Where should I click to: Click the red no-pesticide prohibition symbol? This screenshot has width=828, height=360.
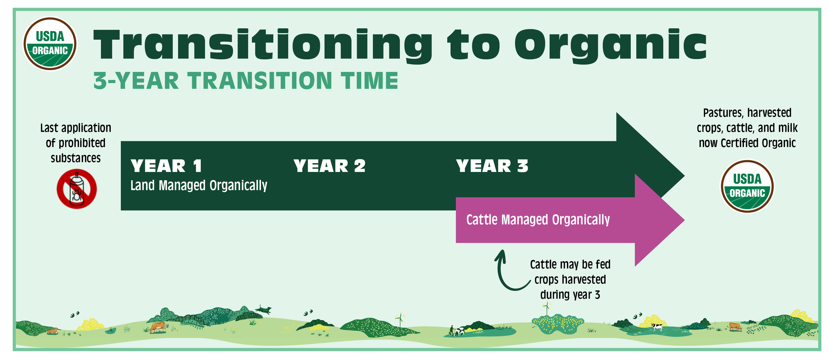(x=77, y=189)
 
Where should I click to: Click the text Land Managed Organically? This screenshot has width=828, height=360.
(x=199, y=185)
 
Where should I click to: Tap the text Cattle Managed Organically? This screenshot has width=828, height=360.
(x=538, y=220)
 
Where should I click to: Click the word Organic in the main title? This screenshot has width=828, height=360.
(x=610, y=45)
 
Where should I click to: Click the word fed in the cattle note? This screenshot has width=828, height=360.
(x=603, y=264)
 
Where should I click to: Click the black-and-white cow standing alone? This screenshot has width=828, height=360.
(x=657, y=327)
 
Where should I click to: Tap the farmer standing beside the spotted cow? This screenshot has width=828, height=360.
(x=452, y=330)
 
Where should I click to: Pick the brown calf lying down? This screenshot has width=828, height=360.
(x=52, y=331)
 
